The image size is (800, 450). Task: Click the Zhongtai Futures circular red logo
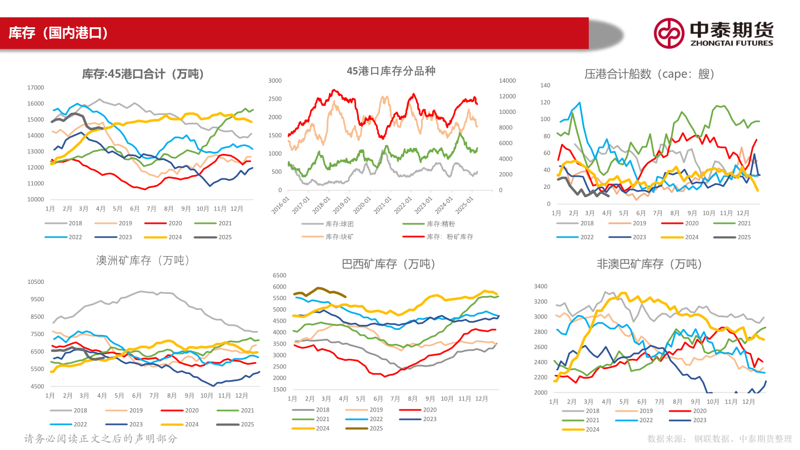[x=668, y=33]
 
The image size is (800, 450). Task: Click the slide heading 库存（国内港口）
[x=58, y=33]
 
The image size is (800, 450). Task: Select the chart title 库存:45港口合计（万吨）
[x=143, y=74]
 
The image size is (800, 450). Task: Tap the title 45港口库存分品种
[x=391, y=71]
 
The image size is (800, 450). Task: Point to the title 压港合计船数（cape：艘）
[x=649, y=74]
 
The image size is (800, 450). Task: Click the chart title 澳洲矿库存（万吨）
[x=143, y=260]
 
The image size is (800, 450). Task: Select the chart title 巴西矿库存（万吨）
[x=389, y=264]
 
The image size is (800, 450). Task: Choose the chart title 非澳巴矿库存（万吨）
[x=649, y=264]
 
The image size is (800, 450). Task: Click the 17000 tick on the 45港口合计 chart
[x=36, y=88]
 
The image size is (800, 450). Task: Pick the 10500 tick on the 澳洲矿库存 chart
[x=36, y=282]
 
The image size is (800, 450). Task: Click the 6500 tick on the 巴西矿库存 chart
[x=279, y=276]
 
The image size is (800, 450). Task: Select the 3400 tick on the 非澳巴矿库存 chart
[x=540, y=287]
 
